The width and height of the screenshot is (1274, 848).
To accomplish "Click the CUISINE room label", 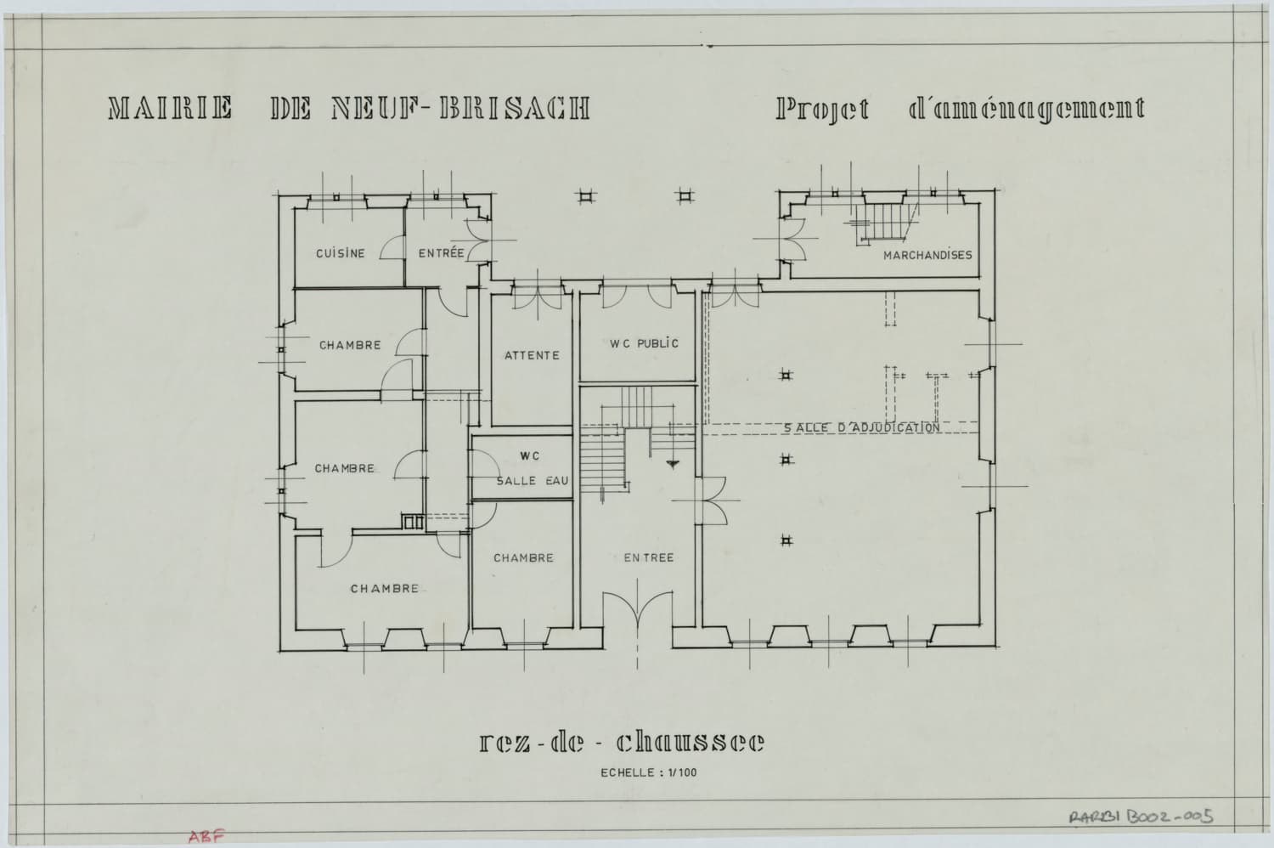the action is (x=340, y=253).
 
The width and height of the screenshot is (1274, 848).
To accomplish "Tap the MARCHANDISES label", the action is (x=927, y=256).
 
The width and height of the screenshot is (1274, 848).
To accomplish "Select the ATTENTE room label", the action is (x=533, y=355).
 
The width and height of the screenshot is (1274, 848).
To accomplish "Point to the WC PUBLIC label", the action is (x=645, y=343).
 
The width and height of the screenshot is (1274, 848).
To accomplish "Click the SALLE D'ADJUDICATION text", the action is (x=862, y=427).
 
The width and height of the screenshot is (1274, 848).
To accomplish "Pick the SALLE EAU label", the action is (x=533, y=481).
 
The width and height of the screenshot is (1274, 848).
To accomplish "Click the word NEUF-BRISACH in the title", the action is (x=460, y=108).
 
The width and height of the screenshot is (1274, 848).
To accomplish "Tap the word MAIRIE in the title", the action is (x=170, y=108).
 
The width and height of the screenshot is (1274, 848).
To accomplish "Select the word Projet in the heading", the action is (x=822, y=110).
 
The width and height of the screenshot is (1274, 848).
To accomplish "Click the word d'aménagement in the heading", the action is (x=1027, y=110).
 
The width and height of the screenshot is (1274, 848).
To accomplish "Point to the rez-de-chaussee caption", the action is (x=623, y=742).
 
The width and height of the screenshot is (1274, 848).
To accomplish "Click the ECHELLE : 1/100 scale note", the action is (x=648, y=773).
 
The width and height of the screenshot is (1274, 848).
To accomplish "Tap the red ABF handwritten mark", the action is (x=206, y=835).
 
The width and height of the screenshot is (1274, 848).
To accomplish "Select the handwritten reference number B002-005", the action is (x=1170, y=817).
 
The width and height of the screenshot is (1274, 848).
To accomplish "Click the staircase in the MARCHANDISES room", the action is (x=884, y=223).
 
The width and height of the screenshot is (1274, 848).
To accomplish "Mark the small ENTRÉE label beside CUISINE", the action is (x=442, y=253).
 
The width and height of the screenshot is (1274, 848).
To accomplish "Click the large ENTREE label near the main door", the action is (x=648, y=557).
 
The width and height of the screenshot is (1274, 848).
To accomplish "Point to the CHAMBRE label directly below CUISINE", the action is (x=350, y=346).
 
